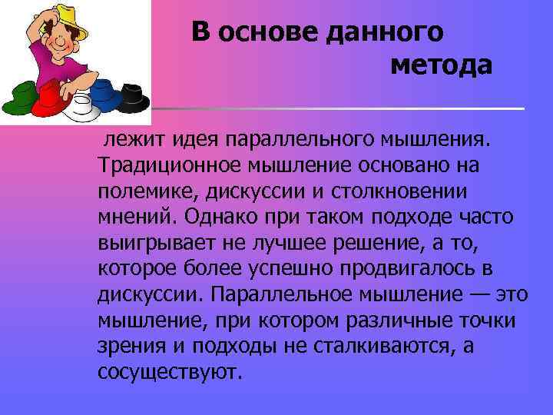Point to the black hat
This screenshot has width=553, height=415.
tap(135, 97)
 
